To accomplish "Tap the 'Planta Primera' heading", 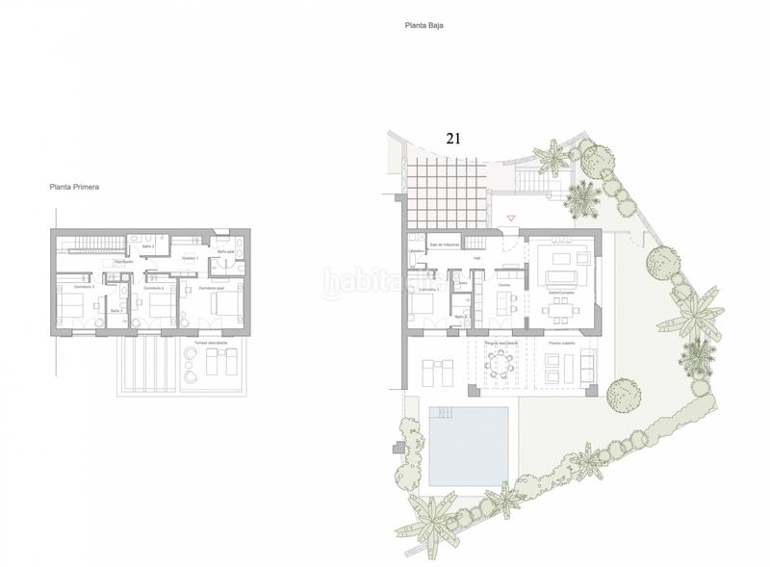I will click(76, 188).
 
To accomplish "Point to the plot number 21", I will click(453, 138).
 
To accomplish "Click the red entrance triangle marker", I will click(511, 219).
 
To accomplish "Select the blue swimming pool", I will click(469, 445).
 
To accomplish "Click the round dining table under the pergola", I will click(500, 363).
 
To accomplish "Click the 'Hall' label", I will click(477, 258).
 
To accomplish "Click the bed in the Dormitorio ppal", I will click(223, 307).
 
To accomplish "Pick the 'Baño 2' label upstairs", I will click(148, 247).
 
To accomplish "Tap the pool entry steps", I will click(442, 412).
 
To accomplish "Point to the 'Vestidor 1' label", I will click(190, 258).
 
